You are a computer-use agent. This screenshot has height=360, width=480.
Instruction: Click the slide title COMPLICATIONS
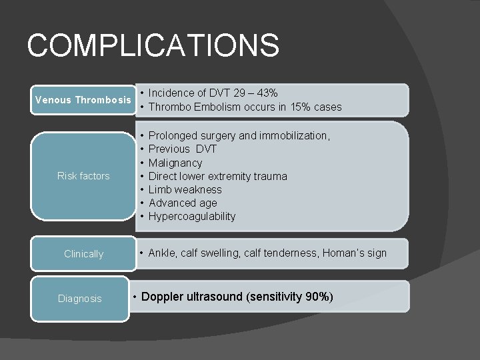pyautogui.click(x=153, y=46)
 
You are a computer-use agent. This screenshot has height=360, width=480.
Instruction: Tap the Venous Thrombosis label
pyautogui.click(x=83, y=100)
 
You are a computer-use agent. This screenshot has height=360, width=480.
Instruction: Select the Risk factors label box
pyautogui.click(x=83, y=176)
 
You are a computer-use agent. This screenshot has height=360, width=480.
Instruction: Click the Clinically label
pyautogui.click(x=83, y=254)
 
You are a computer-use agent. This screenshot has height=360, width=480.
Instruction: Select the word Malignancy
pyautogui.click(x=175, y=163)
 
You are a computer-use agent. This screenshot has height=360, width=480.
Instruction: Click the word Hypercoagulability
pyautogui.click(x=192, y=216)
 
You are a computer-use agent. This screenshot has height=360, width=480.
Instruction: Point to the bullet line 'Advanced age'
pyautogui.click(x=183, y=203)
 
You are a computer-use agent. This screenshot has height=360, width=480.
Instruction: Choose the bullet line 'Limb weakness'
pyautogui.click(x=185, y=189)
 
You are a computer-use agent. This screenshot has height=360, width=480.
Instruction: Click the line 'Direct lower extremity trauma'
pyautogui.click(x=217, y=176)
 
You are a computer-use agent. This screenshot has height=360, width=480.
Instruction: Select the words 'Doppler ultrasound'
pyautogui.click(x=193, y=297)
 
